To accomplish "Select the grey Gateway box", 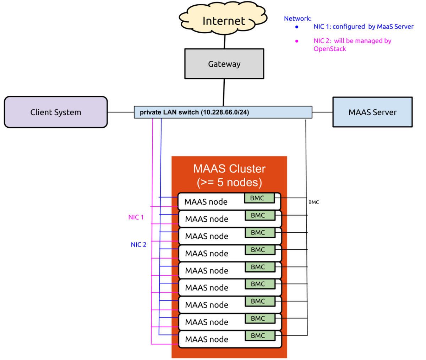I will coord(224,64).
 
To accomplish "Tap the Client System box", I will coord(56,112).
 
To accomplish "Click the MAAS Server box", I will coord(372,112).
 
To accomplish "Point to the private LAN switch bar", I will coord(223,112).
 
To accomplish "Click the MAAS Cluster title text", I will coord(229,168).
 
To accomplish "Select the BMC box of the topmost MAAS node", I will coord(259,198).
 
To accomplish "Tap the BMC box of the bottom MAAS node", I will coord(260,336).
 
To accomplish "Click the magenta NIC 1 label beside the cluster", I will coord(136,217).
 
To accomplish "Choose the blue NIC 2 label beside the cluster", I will coord(138,245).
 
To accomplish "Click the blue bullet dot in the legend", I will coord(297,27).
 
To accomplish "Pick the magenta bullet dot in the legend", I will coord(297,41).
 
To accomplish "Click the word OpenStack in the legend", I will coord(330,49).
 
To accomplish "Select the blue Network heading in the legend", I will coord(297,18).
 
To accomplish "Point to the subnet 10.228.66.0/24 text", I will coord(225,112).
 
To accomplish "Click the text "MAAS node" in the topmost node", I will coord(206,202).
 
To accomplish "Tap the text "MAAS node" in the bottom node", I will coord(207,339).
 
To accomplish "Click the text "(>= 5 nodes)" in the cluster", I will coord(229,182).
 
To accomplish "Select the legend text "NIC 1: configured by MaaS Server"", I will coord(363,27).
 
